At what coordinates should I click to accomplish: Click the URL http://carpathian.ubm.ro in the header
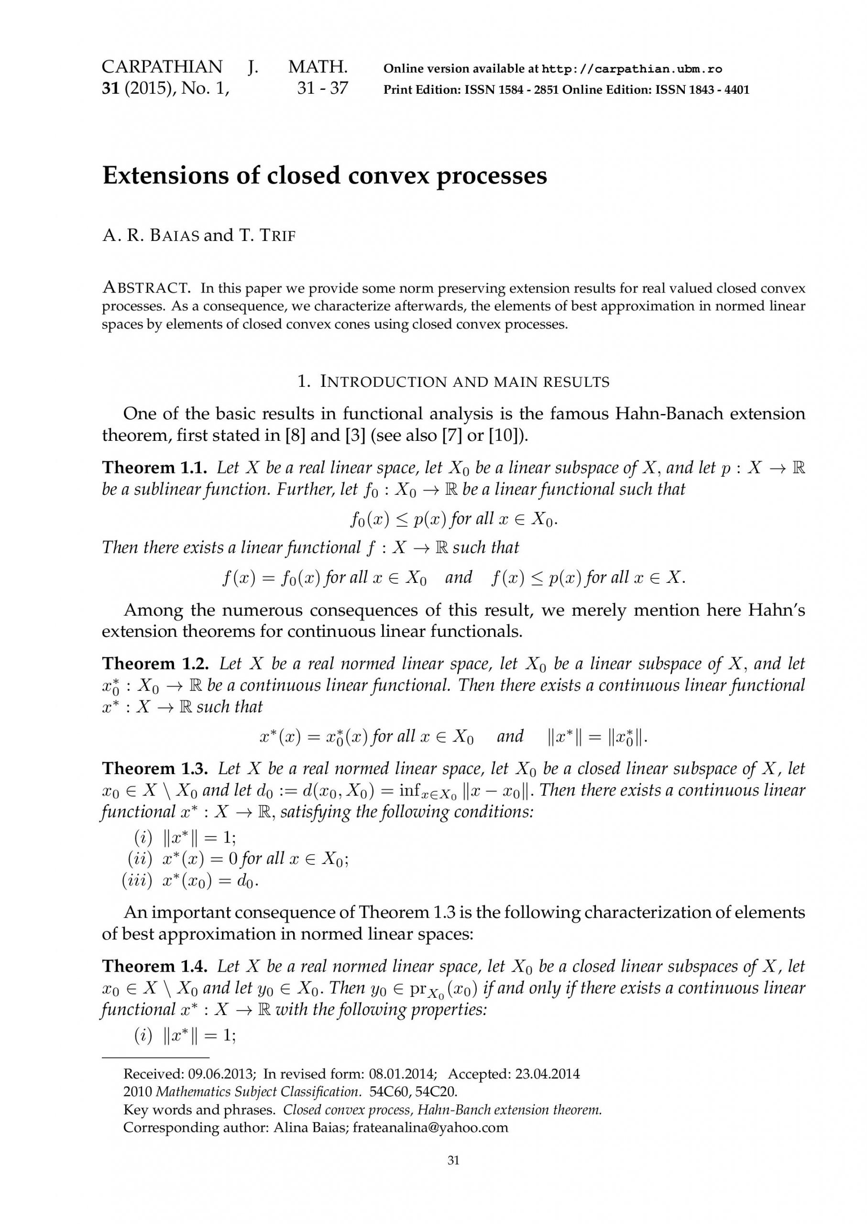click(x=632, y=69)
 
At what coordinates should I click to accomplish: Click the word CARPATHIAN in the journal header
click(x=162, y=67)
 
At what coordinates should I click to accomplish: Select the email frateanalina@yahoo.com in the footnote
click(x=430, y=1127)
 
